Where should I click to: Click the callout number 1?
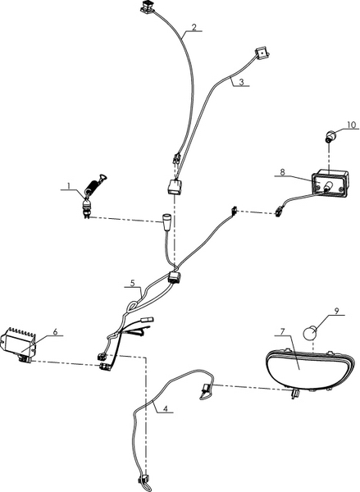(69, 185)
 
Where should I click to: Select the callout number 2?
(194, 27)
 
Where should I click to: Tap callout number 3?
(241, 82)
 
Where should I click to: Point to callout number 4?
(166, 408)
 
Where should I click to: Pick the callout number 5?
(133, 284)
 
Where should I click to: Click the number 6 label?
(55, 331)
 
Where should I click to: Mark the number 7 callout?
(282, 331)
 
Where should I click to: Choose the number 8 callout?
(282, 172)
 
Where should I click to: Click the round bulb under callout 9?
(309, 333)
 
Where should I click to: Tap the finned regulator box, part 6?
(19, 345)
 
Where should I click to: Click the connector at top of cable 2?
(147, 7)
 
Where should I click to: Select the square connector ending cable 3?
(262, 53)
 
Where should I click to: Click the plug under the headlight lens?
(294, 393)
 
